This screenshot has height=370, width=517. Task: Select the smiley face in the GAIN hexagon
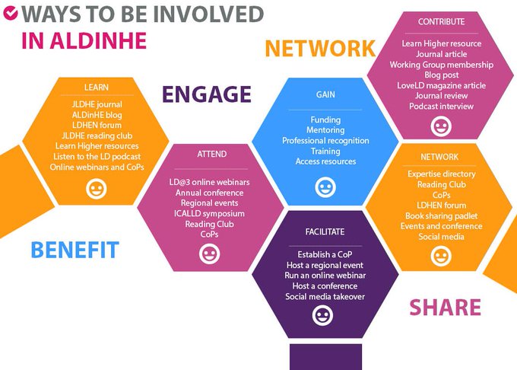pos(325,185)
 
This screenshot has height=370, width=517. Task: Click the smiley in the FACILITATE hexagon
pos(322,316)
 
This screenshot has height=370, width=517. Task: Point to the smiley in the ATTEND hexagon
pos(208,254)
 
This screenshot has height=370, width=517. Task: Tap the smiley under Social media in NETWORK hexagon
pos(439,256)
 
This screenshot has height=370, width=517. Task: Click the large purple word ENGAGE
pos(206,94)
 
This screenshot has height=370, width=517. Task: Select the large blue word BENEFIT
pos(75,249)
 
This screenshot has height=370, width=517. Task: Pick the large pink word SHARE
pos(445,308)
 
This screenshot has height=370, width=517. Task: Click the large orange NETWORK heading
pos(319,49)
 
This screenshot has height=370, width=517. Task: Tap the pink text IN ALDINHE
pos(84,40)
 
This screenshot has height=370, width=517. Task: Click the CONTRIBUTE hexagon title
pos(441,22)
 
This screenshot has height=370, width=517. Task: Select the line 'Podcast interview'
pos(441,106)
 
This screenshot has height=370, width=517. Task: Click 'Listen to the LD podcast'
pos(97,156)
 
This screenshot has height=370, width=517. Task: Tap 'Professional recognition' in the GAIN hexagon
pos(325,141)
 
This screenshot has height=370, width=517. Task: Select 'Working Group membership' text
pos(441,65)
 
